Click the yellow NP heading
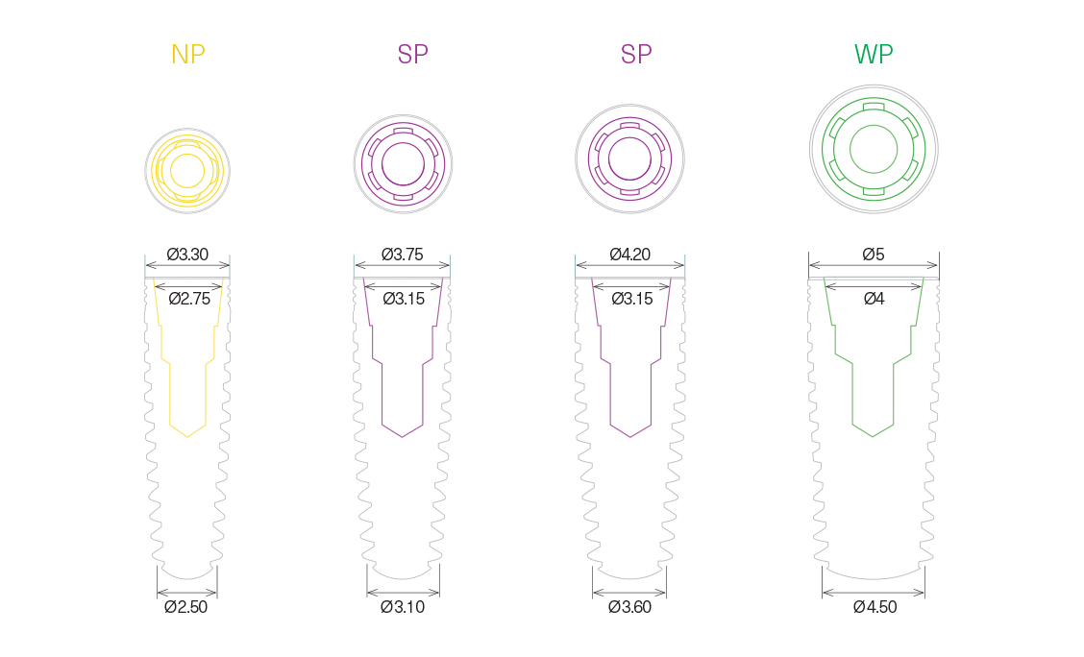click(x=188, y=54)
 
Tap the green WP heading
click(x=874, y=54)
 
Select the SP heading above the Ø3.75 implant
click(x=412, y=54)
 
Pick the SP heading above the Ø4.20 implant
click(x=636, y=54)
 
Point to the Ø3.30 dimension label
click(x=187, y=255)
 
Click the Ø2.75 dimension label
click(x=189, y=299)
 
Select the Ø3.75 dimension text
click(x=403, y=255)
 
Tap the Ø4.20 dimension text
click(x=629, y=255)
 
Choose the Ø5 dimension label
click(x=874, y=255)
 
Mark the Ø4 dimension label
click(x=874, y=299)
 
